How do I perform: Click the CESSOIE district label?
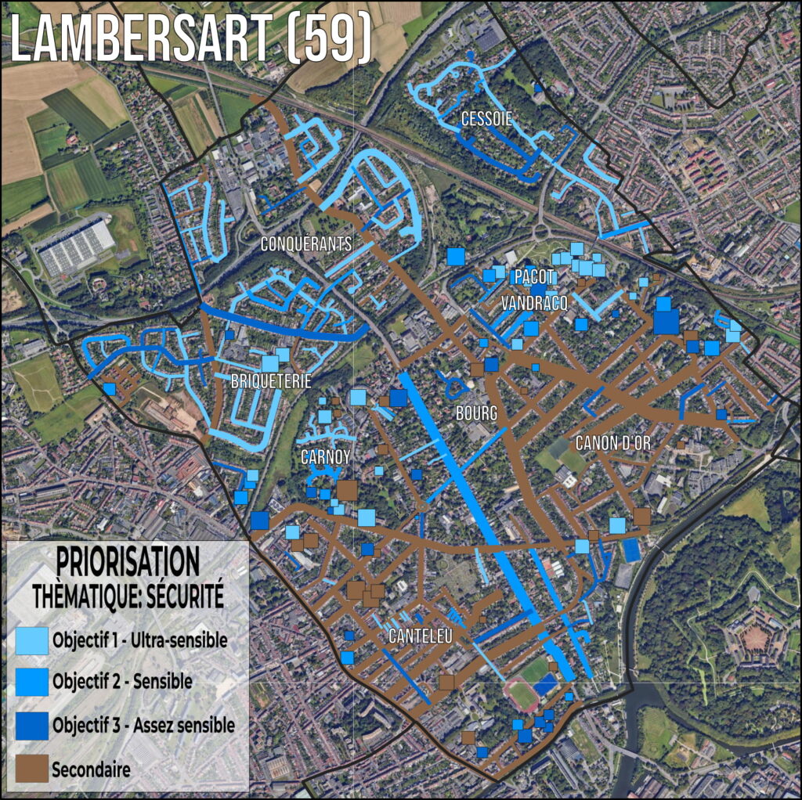click(x=486, y=120)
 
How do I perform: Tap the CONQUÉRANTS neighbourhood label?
click(x=306, y=244)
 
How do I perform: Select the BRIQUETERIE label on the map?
click(x=271, y=382)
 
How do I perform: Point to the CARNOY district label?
click(x=325, y=456)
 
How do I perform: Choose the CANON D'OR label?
click(x=613, y=442)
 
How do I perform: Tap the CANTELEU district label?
click(x=421, y=636)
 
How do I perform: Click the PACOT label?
click(x=535, y=277)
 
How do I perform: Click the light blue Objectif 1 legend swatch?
click(x=31, y=641)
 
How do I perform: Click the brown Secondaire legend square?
click(x=31, y=770)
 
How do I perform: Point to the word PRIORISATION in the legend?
click(x=128, y=561)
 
